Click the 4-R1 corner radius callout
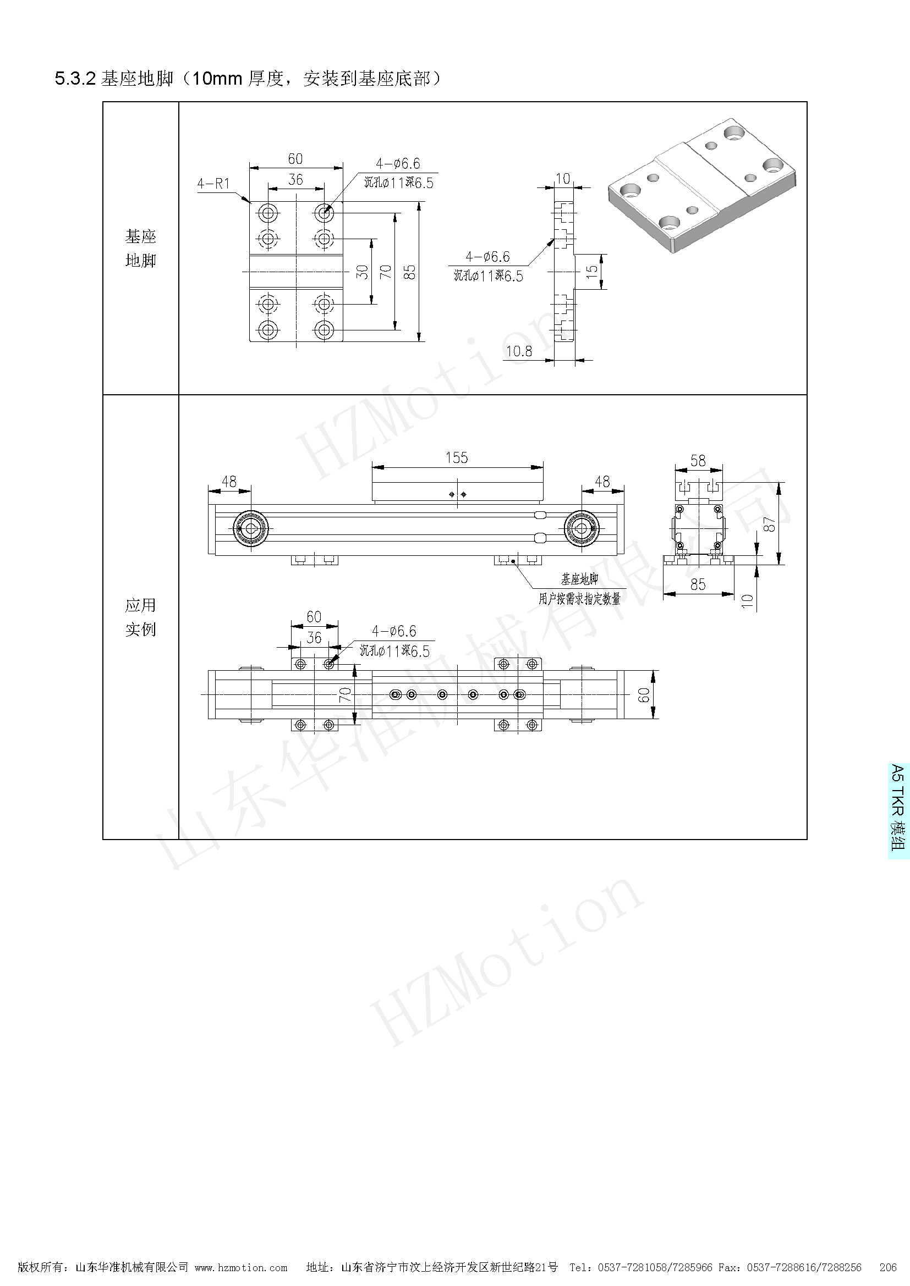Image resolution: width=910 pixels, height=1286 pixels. click(x=213, y=184)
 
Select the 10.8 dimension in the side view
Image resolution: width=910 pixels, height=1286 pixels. click(x=518, y=351)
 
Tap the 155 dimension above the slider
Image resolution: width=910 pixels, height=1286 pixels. click(x=456, y=457)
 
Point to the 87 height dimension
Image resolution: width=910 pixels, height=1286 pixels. click(x=770, y=525)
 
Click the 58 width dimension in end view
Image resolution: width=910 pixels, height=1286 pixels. click(x=698, y=460)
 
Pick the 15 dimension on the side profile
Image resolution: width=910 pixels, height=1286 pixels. click(x=592, y=272)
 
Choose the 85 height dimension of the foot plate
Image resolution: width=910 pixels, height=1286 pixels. click(x=410, y=272)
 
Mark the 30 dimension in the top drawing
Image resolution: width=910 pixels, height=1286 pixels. click(x=363, y=272)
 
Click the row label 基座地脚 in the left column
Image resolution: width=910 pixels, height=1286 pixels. click(x=141, y=248)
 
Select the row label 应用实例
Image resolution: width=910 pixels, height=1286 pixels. click(x=141, y=617)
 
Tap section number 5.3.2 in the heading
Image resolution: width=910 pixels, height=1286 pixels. click(x=75, y=79)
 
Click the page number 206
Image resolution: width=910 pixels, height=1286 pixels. click(x=888, y=1267)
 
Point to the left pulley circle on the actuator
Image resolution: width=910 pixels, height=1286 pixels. click(x=250, y=528)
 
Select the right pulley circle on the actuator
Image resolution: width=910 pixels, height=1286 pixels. click(x=582, y=528)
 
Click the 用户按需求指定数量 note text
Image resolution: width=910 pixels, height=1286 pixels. click(x=579, y=599)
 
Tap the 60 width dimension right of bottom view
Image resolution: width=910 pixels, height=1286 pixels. click(x=644, y=694)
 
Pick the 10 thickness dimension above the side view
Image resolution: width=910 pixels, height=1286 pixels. click(x=563, y=178)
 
